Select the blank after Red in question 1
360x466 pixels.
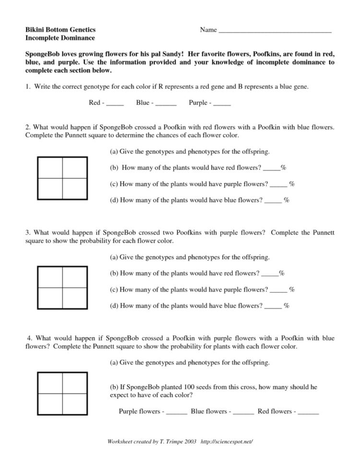pos(115,103)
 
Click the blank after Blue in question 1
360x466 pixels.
pos(166,103)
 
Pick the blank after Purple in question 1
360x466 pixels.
pos(222,103)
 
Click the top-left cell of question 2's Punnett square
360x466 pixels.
pos(50,168)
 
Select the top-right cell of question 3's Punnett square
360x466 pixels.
pos(74,276)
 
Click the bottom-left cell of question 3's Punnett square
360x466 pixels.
pos(50,298)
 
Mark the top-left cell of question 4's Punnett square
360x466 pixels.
pos(50,383)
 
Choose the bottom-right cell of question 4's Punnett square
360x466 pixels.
pos(74,404)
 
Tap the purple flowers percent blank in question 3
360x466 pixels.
pos(278,290)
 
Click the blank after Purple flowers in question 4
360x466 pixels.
pos(177,412)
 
